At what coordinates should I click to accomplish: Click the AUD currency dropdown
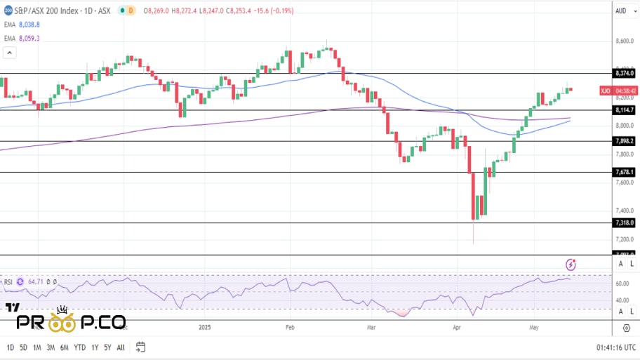click(620, 11)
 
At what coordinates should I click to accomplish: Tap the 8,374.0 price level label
click(624, 73)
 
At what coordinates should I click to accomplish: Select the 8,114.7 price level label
click(624, 110)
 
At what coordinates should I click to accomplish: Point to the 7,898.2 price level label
click(624, 141)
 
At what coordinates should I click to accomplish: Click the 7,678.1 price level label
click(624, 172)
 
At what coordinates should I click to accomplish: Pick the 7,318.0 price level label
click(624, 222)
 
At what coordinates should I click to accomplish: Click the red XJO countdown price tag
click(618, 91)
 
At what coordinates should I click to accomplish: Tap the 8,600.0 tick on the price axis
click(624, 41)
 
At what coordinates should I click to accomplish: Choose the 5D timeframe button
click(23, 347)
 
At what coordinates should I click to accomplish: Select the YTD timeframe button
click(79, 347)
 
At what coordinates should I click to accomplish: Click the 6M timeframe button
click(64, 347)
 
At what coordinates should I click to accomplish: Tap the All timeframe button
click(121, 347)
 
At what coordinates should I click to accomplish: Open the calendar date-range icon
click(141, 347)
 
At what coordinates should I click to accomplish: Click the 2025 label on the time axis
click(205, 327)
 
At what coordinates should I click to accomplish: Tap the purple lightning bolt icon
click(571, 264)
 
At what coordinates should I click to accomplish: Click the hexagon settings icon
click(626, 328)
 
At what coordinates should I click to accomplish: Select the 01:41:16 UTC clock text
click(617, 347)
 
